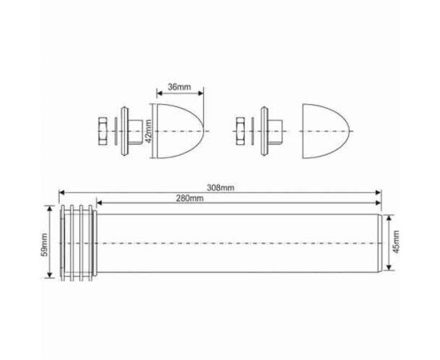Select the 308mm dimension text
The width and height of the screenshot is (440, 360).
221,187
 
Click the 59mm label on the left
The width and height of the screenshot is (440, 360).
45,242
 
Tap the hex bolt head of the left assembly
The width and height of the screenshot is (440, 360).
103,130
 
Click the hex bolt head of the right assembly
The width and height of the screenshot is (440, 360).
242,130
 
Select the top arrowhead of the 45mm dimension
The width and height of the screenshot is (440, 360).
388,217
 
